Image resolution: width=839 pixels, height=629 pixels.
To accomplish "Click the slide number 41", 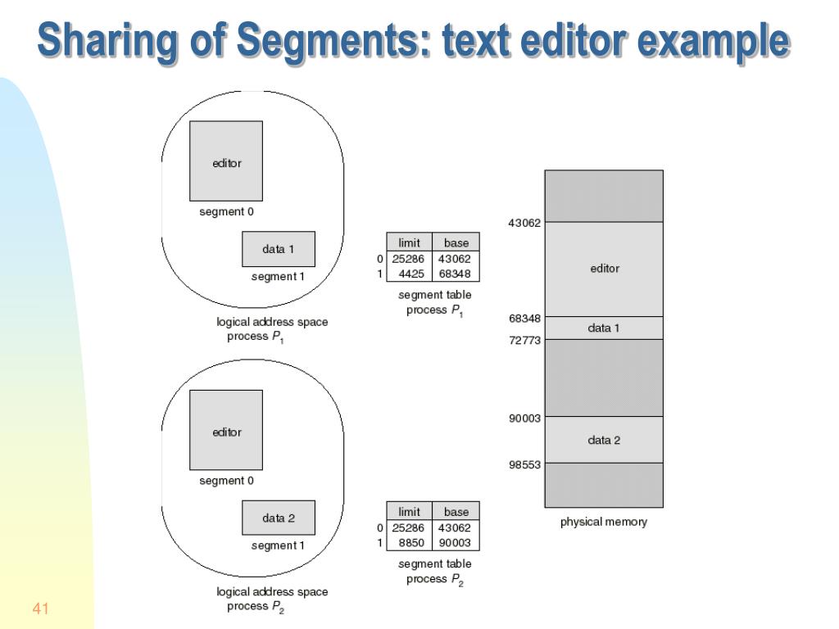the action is (x=42, y=609).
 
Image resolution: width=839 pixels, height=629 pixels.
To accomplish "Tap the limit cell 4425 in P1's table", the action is (x=410, y=274).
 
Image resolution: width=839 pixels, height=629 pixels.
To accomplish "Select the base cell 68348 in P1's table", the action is (x=456, y=274).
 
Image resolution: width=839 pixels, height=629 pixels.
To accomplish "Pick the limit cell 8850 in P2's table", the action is (x=410, y=542).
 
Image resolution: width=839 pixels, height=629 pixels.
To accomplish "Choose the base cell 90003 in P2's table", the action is (x=456, y=542).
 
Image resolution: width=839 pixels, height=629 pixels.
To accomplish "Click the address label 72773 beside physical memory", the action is (x=524, y=341).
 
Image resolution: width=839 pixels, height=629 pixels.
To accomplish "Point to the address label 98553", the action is (x=524, y=464).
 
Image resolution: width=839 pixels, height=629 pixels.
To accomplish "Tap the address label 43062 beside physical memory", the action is (x=524, y=223).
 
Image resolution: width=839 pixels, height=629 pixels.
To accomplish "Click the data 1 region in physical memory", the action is (x=604, y=328).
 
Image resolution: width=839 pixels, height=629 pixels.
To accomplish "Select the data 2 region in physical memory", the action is (x=604, y=440).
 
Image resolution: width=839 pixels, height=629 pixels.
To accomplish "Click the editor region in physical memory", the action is (x=605, y=269).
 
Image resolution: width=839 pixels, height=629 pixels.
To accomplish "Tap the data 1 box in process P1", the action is (x=279, y=249).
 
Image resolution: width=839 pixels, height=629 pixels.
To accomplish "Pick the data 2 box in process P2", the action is (x=279, y=518).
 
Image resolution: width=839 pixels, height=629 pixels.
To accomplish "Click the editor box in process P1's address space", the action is (x=227, y=162).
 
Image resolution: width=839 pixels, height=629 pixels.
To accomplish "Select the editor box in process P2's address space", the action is (x=227, y=432).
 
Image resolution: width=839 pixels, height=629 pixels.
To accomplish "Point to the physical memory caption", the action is (x=603, y=522).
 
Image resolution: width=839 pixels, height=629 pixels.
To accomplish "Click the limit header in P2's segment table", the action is (x=409, y=512).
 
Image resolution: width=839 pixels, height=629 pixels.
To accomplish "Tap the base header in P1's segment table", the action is (x=456, y=242).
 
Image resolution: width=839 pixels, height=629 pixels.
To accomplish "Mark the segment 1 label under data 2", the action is (x=278, y=545).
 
